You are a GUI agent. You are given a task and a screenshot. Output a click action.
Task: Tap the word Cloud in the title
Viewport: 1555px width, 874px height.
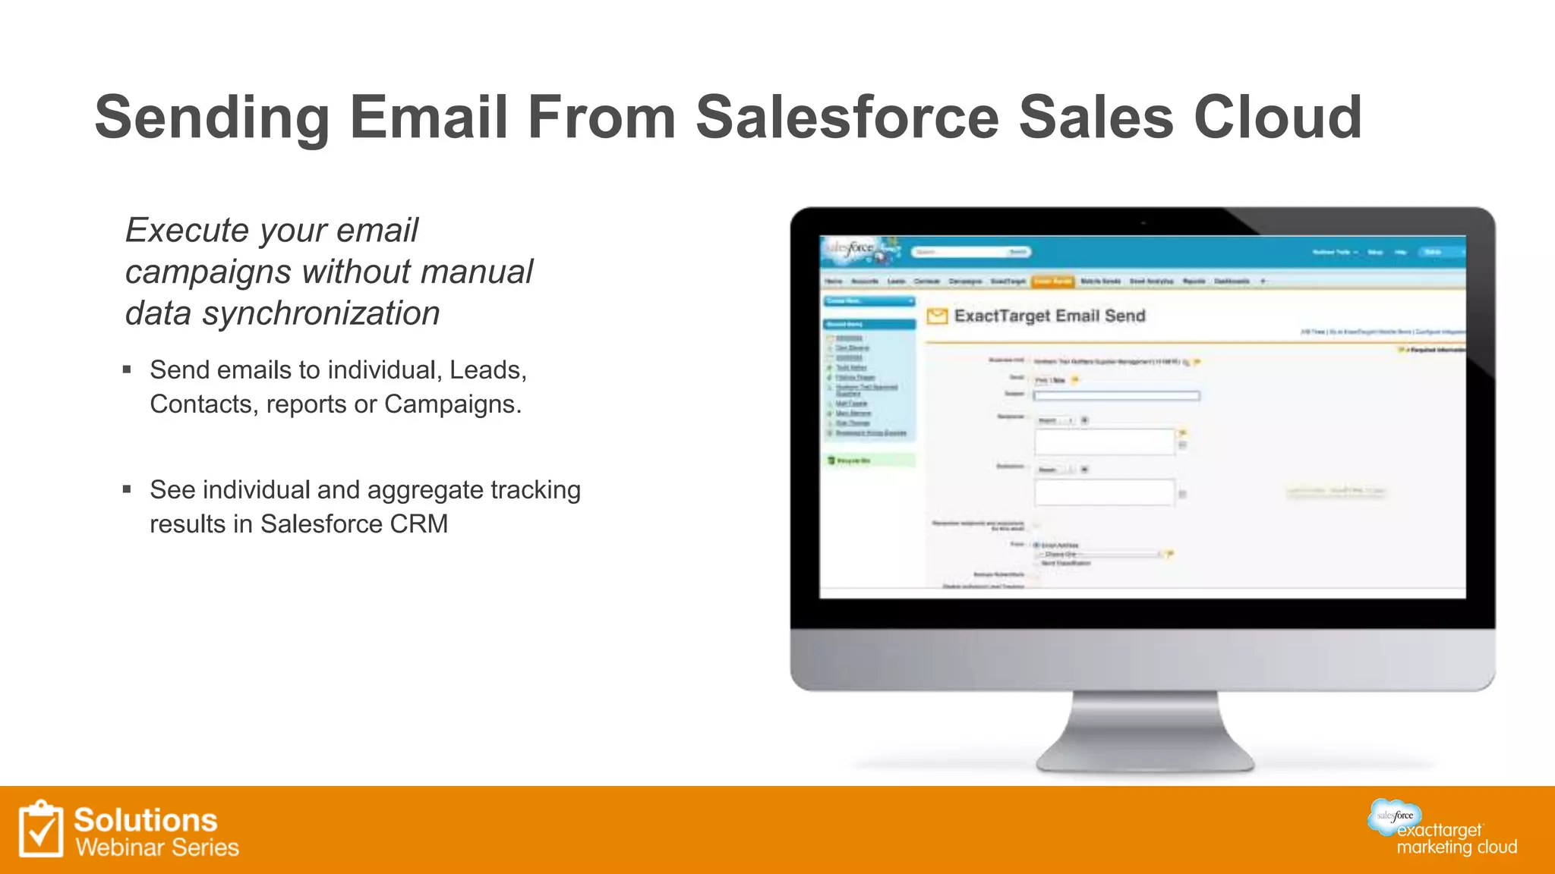point(1278,118)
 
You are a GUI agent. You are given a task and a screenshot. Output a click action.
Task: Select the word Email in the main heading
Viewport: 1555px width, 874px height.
point(428,118)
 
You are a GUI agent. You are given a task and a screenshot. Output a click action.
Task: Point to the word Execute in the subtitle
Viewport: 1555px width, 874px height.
point(187,231)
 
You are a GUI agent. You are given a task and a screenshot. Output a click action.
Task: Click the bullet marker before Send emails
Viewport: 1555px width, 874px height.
point(127,370)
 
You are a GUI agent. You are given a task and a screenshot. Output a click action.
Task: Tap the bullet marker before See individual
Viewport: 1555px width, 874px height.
point(127,490)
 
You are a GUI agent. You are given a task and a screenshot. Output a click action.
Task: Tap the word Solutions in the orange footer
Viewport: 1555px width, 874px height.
point(146,820)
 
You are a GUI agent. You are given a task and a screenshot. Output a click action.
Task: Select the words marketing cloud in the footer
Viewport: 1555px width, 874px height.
point(1456,847)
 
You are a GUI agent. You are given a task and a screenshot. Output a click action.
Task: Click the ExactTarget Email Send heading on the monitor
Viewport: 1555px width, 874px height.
point(1049,316)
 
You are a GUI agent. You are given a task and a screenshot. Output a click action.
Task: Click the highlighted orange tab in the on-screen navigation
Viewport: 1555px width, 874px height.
point(1052,281)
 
